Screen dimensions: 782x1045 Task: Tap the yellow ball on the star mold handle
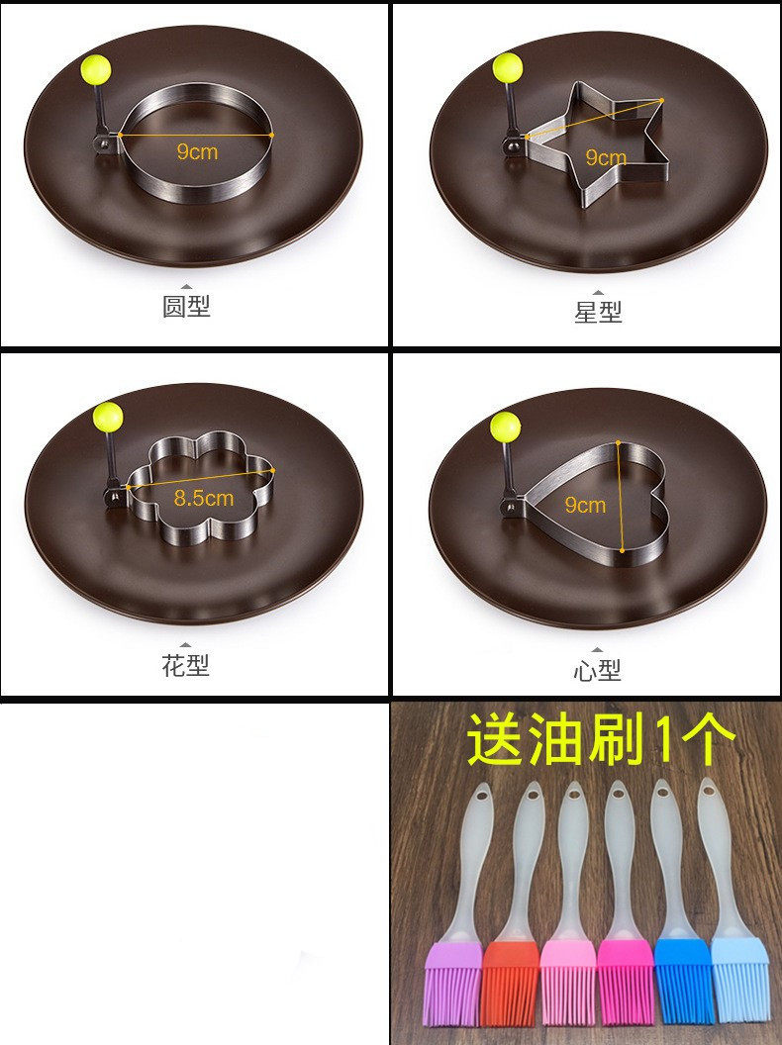coord(508,68)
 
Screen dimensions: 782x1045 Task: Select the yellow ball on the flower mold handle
coord(108,417)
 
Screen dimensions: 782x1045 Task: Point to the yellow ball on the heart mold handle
coord(506,427)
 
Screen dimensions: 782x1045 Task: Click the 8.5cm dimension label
coord(204,498)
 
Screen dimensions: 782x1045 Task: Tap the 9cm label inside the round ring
coord(197,151)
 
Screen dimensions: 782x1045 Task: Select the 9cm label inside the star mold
coord(606,157)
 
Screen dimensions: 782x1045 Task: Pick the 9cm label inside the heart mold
coord(585,505)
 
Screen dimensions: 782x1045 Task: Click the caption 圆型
coord(187,306)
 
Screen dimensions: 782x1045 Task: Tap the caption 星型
coord(598,312)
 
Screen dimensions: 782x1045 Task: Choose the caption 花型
coord(186,664)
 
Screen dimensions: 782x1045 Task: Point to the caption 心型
coord(597,670)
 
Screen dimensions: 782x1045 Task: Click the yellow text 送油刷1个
coord(601,740)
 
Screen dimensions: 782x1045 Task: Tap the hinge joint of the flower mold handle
coord(114,495)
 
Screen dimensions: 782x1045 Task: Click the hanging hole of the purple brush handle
coord(482,795)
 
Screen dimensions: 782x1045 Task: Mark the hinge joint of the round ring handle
coord(104,142)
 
